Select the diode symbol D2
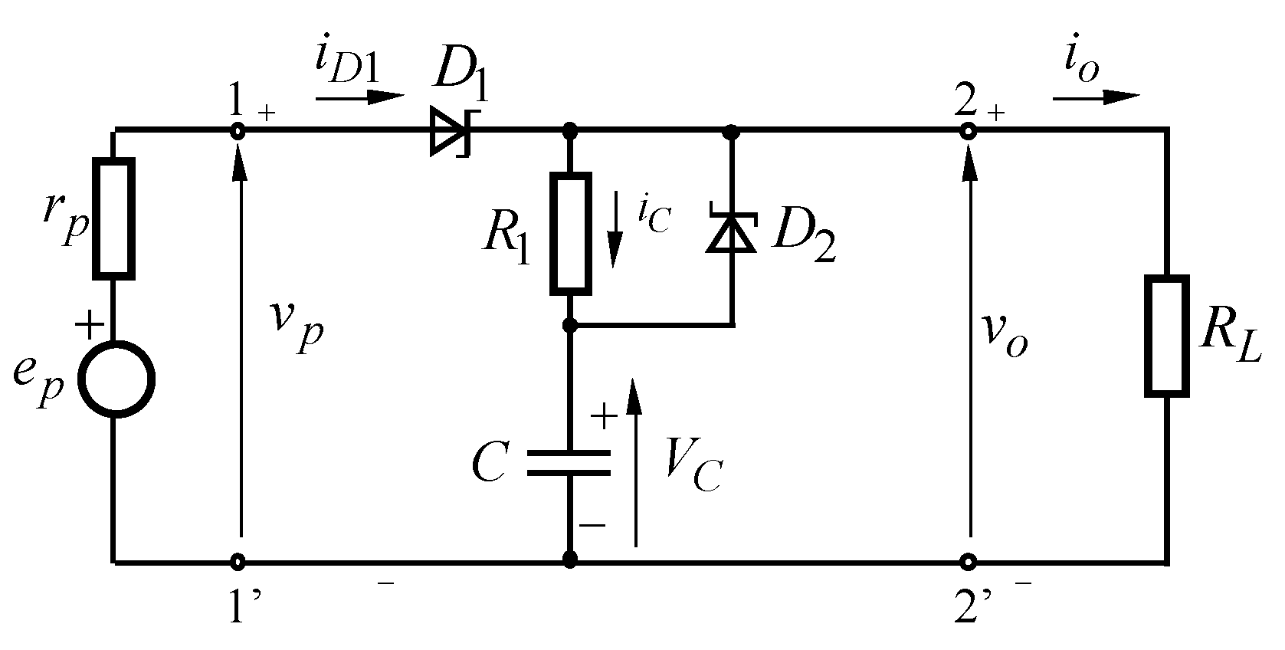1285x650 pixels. pos(731,233)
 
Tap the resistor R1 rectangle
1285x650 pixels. pos(571,234)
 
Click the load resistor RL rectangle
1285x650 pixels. pos(1166,336)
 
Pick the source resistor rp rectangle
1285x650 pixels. pos(114,218)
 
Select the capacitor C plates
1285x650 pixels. pos(569,463)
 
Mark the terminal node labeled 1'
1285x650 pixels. pos(238,562)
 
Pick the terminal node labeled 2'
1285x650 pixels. pos(968,562)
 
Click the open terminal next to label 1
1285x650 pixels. pos(238,132)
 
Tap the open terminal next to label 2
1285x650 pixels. pos(968,132)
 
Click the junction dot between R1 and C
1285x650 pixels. pos(569,326)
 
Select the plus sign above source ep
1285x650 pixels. pos(90,324)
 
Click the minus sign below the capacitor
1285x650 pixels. pos(592,526)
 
